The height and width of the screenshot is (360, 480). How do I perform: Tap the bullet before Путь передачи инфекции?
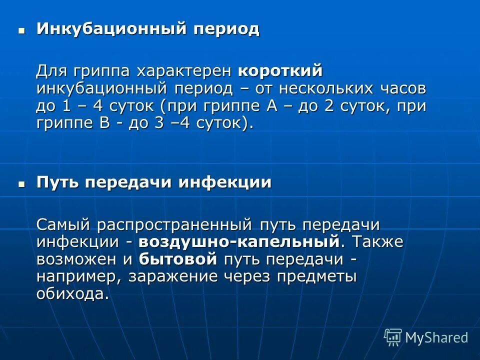(21, 183)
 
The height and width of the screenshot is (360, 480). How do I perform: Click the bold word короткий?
(280, 71)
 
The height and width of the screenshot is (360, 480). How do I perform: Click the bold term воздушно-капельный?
(239, 242)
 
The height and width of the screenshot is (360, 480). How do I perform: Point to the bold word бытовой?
(178, 259)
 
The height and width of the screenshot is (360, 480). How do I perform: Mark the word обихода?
(71, 294)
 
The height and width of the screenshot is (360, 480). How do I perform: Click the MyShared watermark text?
(436, 337)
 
